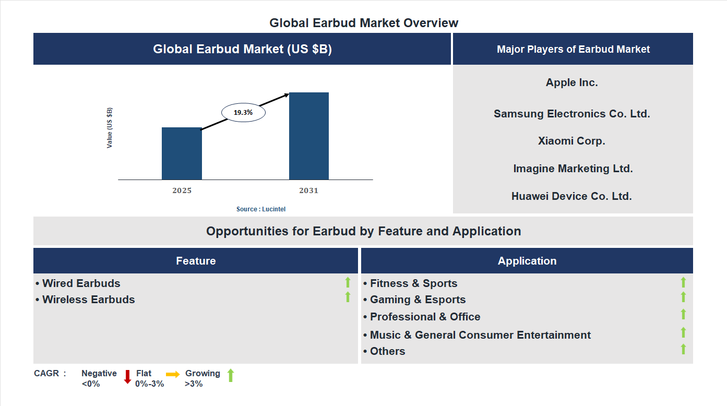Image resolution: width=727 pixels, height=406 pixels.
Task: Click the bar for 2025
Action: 182,153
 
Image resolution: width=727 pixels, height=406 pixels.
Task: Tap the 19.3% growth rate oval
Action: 243,112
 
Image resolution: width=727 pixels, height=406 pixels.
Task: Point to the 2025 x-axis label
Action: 182,190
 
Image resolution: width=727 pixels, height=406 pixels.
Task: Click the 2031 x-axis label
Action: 308,190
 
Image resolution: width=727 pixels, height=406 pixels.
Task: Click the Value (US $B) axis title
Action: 110,128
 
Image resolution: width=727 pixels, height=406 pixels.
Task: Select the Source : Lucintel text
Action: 261,209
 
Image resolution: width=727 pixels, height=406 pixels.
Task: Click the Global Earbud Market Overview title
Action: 364,23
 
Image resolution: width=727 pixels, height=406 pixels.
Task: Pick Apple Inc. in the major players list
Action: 572,82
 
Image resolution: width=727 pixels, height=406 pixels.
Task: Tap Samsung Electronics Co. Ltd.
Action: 572,114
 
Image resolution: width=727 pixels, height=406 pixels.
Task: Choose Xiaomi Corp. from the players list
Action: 572,141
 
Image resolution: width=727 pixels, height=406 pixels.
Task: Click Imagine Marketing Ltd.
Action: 573,169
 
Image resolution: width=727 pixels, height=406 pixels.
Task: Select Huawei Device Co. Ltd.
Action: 571,196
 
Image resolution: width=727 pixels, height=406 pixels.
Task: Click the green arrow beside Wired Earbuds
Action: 348,282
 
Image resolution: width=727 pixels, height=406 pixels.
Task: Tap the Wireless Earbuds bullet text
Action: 88,300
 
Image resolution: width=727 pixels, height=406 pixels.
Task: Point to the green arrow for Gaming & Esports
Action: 683,297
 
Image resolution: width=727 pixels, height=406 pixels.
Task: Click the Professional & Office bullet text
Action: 425,317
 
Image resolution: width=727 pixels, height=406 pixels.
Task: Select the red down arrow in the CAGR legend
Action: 127,377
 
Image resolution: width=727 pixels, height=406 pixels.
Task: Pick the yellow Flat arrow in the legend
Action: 173,374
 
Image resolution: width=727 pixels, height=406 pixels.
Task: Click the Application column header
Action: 527,261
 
